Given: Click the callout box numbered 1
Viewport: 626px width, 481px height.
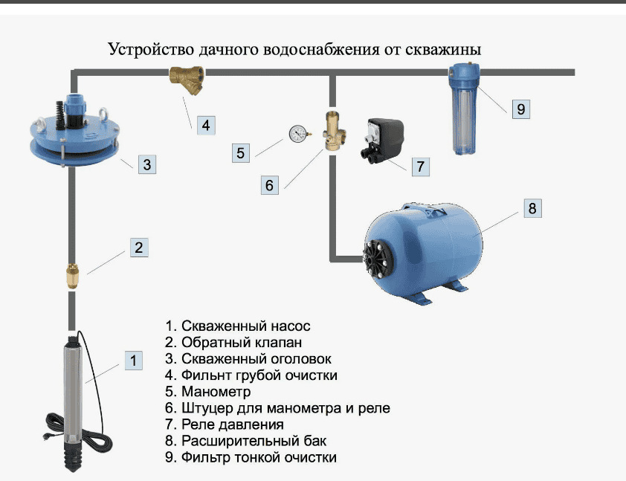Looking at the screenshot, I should coord(134,361).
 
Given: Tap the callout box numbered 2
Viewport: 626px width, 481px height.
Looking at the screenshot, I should coord(139,248).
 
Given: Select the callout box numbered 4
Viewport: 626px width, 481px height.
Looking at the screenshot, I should coord(207,124).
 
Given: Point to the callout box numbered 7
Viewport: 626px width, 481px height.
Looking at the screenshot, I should coord(420,166).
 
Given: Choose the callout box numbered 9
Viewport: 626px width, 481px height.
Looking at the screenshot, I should coord(520,109).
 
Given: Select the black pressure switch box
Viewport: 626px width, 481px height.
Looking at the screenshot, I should coord(384,138).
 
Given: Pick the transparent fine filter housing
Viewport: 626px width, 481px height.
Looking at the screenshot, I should coord(463,112).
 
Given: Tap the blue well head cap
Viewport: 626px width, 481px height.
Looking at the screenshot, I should coord(71,135).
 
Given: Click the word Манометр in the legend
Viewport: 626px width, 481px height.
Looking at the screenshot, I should coord(216,391).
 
